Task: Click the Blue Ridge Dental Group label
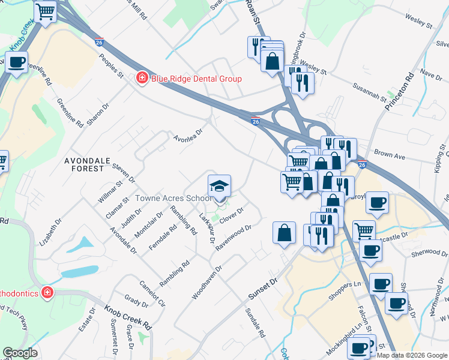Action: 196,79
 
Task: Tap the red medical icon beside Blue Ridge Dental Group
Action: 142,79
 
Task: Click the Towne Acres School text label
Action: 173,198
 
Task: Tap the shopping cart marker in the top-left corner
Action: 45,12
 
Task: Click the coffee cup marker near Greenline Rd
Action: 16,62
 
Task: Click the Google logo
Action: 20,353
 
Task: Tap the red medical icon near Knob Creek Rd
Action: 47,293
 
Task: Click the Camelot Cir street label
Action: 154,292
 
